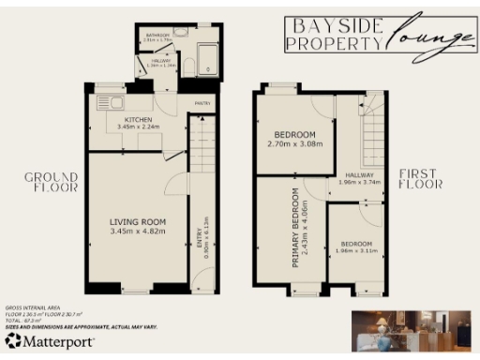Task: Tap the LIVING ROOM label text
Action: (137, 220)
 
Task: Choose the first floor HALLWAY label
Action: (359, 175)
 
